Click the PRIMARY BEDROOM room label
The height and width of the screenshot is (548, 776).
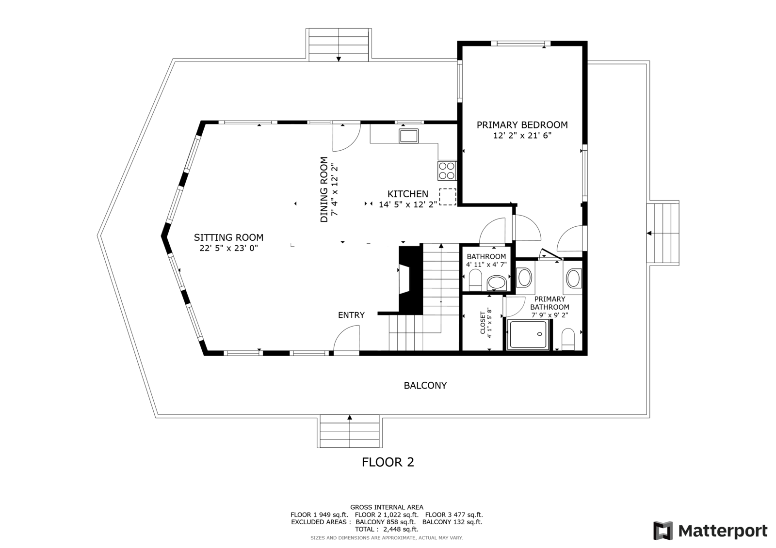[522, 125]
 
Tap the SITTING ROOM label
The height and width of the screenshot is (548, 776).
[228, 237]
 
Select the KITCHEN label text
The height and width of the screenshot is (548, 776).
[408, 194]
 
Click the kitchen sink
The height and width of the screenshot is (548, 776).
[409, 136]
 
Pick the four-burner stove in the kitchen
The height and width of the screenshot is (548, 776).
[447, 171]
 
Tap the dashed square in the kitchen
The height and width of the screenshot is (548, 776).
[448, 197]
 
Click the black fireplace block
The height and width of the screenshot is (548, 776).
[411, 280]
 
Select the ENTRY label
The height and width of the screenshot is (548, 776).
[351, 315]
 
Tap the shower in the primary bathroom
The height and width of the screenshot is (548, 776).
[529, 334]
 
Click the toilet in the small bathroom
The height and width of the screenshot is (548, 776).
[475, 280]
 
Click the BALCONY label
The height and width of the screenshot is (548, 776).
[425, 386]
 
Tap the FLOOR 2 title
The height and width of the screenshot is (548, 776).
[388, 462]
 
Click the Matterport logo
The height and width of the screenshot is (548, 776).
[710, 531]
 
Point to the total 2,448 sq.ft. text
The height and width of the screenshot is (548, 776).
[387, 529]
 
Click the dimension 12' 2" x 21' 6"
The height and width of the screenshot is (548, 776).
[522, 135]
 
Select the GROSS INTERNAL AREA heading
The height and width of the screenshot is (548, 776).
[387, 507]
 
